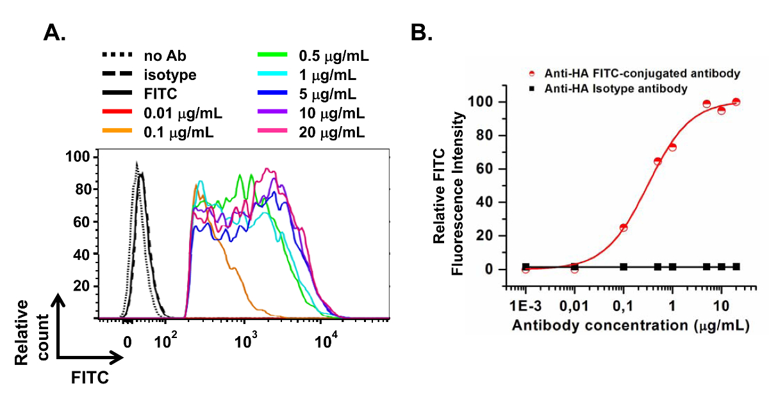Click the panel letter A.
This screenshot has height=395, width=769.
coord(54,32)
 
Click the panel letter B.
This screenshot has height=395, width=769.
coord(422,32)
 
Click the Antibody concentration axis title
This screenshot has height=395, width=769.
coord(631,325)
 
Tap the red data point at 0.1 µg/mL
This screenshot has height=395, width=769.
coord(624,228)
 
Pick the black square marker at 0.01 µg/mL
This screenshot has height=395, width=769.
coord(574,267)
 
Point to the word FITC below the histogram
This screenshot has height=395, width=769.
coord(90,376)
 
